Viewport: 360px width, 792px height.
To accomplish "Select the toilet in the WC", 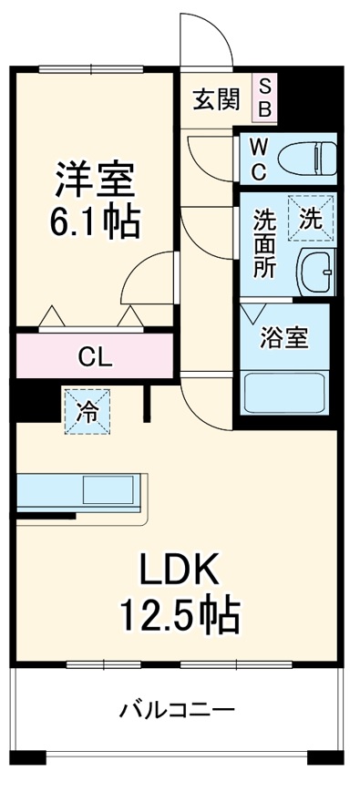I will point(304,159).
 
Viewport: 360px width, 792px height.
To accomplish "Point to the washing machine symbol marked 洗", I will point(313,219).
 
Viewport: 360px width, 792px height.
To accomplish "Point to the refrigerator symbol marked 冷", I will point(87,411).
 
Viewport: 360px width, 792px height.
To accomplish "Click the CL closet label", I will point(95,356).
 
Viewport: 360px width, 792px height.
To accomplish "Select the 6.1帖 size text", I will point(95,221).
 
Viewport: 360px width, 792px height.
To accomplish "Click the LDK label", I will point(179,572).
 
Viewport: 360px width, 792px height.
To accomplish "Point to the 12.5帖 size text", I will point(180,617).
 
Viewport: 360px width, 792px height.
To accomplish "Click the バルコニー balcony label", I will point(178,709).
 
